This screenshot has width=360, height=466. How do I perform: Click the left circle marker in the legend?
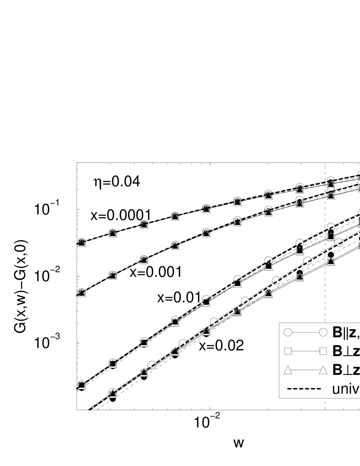coord(288,333)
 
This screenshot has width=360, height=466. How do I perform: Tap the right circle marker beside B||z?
coord(323,333)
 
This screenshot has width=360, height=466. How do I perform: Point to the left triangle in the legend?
coord(288,370)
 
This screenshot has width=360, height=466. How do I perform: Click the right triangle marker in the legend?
coord(323,370)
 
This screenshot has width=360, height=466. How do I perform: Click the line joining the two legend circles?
coord(305,333)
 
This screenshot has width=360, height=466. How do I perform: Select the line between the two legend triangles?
coord(305,370)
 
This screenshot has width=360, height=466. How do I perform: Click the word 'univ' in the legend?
coord(346,389)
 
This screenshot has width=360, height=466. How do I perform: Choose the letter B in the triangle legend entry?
coord(337,370)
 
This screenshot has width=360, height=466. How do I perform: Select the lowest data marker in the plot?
coord(113,393)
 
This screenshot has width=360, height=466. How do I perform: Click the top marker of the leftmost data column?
coord(81,243)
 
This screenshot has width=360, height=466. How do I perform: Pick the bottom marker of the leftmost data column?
coord(81,385)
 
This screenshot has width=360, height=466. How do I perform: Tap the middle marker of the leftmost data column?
coord(81,292)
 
